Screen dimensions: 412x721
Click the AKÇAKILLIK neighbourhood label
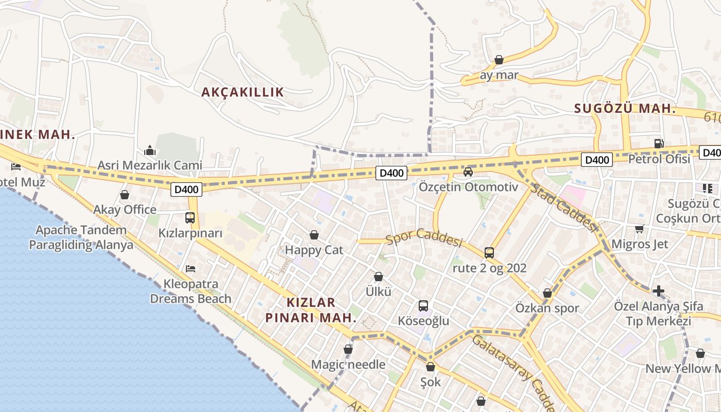(242, 92)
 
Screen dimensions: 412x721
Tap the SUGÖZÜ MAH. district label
(625, 109)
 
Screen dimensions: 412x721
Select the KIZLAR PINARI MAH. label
(311, 310)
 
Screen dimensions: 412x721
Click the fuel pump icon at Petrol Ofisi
(659, 144)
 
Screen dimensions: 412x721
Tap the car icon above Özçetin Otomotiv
(468, 172)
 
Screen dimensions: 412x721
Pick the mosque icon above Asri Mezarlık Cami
(150, 150)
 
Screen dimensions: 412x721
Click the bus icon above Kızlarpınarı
(190, 218)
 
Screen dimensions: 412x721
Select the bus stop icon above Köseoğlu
(423, 306)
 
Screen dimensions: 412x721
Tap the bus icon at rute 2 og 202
(489, 253)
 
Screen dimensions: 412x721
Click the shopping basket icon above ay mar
(499, 60)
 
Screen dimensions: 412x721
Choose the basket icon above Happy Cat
(314, 235)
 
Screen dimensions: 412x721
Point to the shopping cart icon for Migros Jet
(639, 229)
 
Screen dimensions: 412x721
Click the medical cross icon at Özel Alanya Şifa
(658, 291)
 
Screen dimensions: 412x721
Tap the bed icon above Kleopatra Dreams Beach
(190, 269)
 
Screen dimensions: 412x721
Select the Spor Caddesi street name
(424, 239)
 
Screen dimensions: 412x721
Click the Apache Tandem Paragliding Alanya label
(81, 237)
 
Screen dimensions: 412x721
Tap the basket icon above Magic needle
(348, 350)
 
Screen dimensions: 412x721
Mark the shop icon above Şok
(431, 367)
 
